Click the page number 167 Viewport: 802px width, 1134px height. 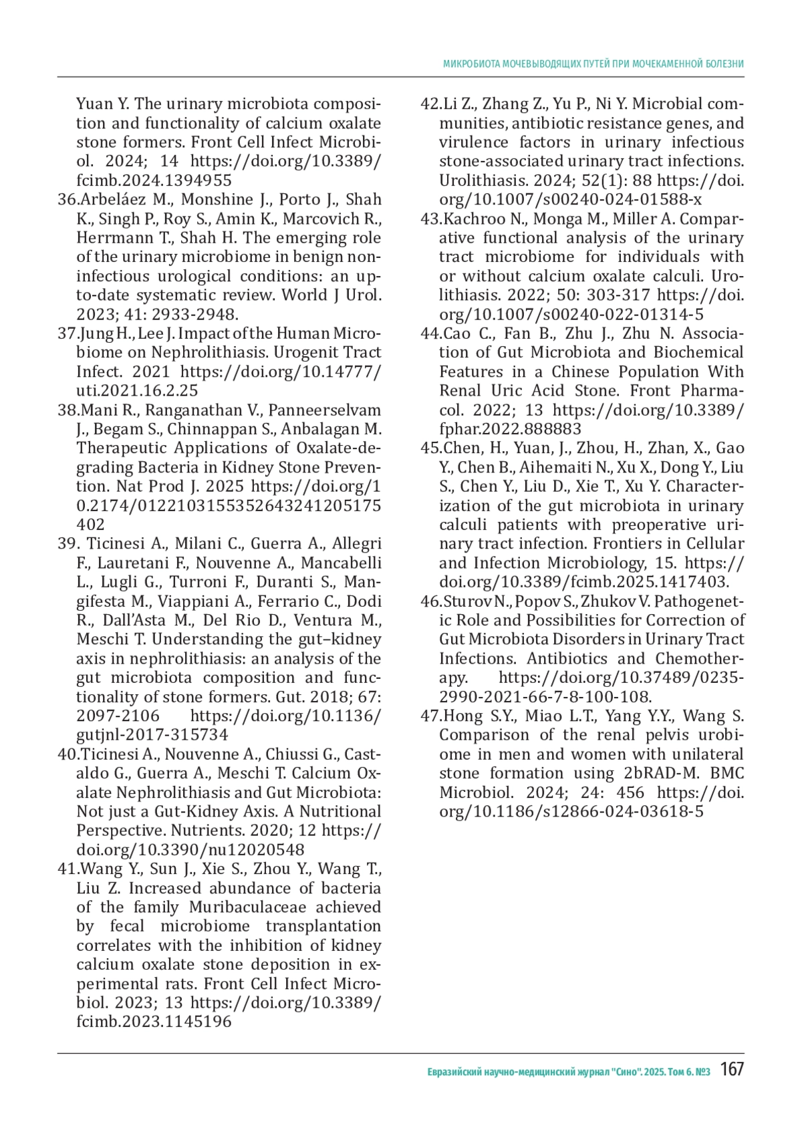point(732,1069)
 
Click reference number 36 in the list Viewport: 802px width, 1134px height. point(68,200)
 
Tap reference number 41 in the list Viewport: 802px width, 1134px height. point(68,869)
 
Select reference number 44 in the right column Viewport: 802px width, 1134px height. point(430,333)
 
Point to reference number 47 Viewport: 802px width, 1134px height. point(430,716)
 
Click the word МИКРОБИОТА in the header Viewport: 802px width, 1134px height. point(471,64)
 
